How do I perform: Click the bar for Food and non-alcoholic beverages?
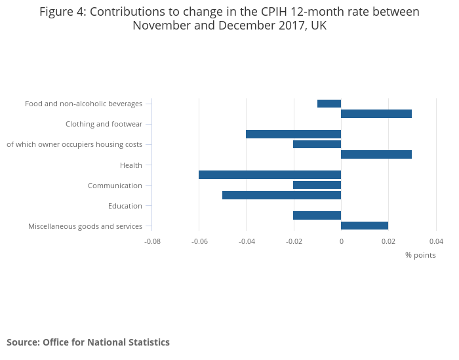[x=329, y=104]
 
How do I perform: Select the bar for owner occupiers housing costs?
[x=317, y=144]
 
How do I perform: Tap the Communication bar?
[x=317, y=185]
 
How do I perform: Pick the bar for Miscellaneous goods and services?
[x=365, y=226]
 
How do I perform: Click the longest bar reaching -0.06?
[x=269, y=174]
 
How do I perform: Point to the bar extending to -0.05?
[x=281, y=195]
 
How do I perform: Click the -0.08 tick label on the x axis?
[x=152, y=241]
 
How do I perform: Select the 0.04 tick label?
[x=436, y=241]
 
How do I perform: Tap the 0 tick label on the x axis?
[x=341, y=241]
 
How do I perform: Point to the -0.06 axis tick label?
[x=199, y=241]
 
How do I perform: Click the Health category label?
[x=131, y=165]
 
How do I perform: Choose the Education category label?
[x=125, y=206]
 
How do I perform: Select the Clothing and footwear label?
[x=104, y=124]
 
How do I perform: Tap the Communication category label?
[x=115, y=186]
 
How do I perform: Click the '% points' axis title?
[x=420, y=255]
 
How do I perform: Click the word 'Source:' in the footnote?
[x=23, y=342]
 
